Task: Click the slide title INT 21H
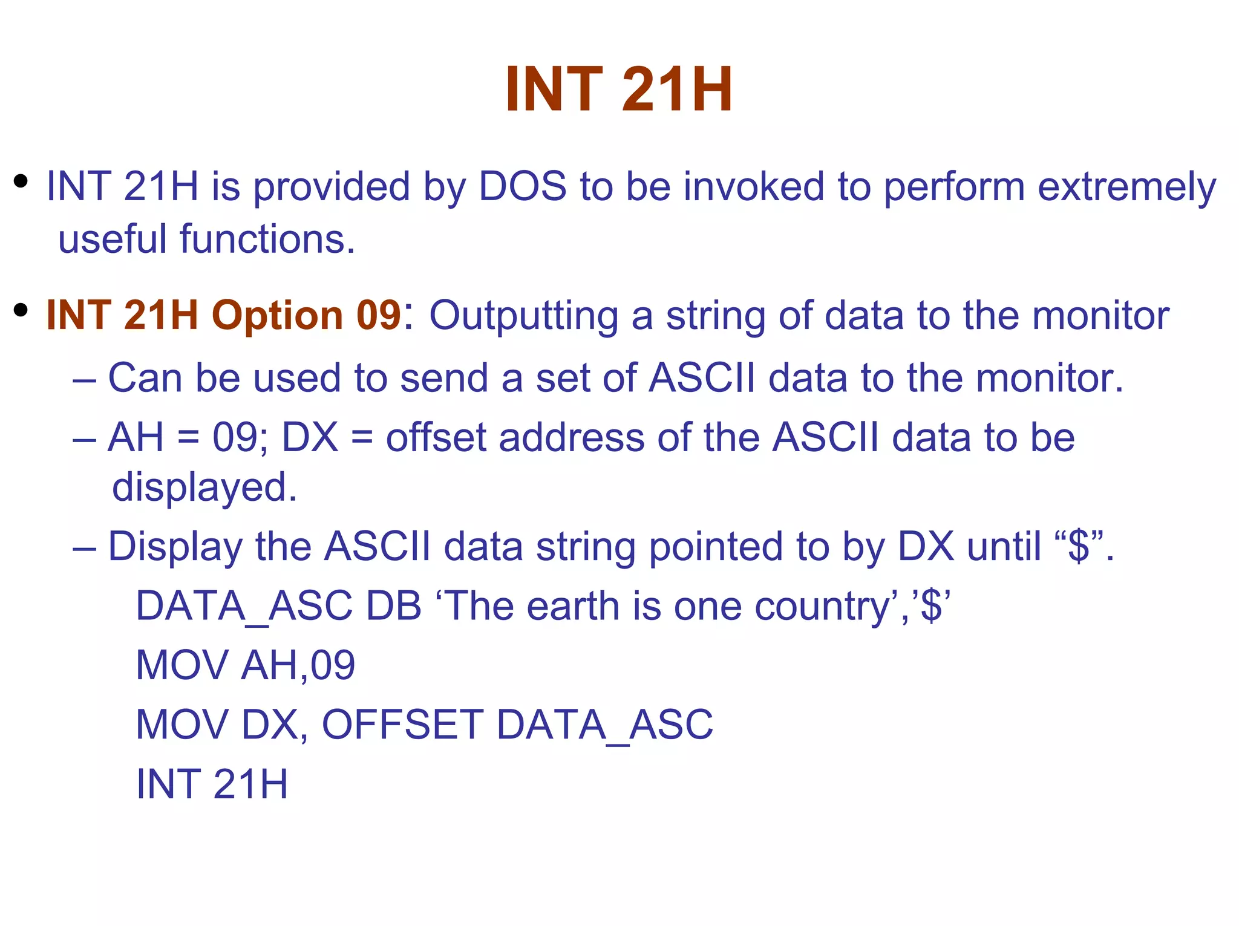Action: [x=619, y=90]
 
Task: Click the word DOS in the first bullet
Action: [x=523, y=186]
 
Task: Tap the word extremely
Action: [x=1126, y=187]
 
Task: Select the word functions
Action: [x=267, y=239]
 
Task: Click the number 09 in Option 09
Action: [x=379, y=315]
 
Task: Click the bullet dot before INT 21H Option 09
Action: [x=21, y=310]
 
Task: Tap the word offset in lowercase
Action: [x=436, y=437]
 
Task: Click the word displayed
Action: [x=204, y=487]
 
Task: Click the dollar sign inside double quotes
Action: [x=1079, y=546]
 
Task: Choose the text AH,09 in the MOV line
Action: [x=298, y=665]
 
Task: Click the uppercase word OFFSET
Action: [x=402, y=725]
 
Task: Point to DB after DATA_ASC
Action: [x=394, y=606]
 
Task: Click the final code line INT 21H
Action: [x=212, y=784]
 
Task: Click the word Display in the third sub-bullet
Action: [x=175, y=547]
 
